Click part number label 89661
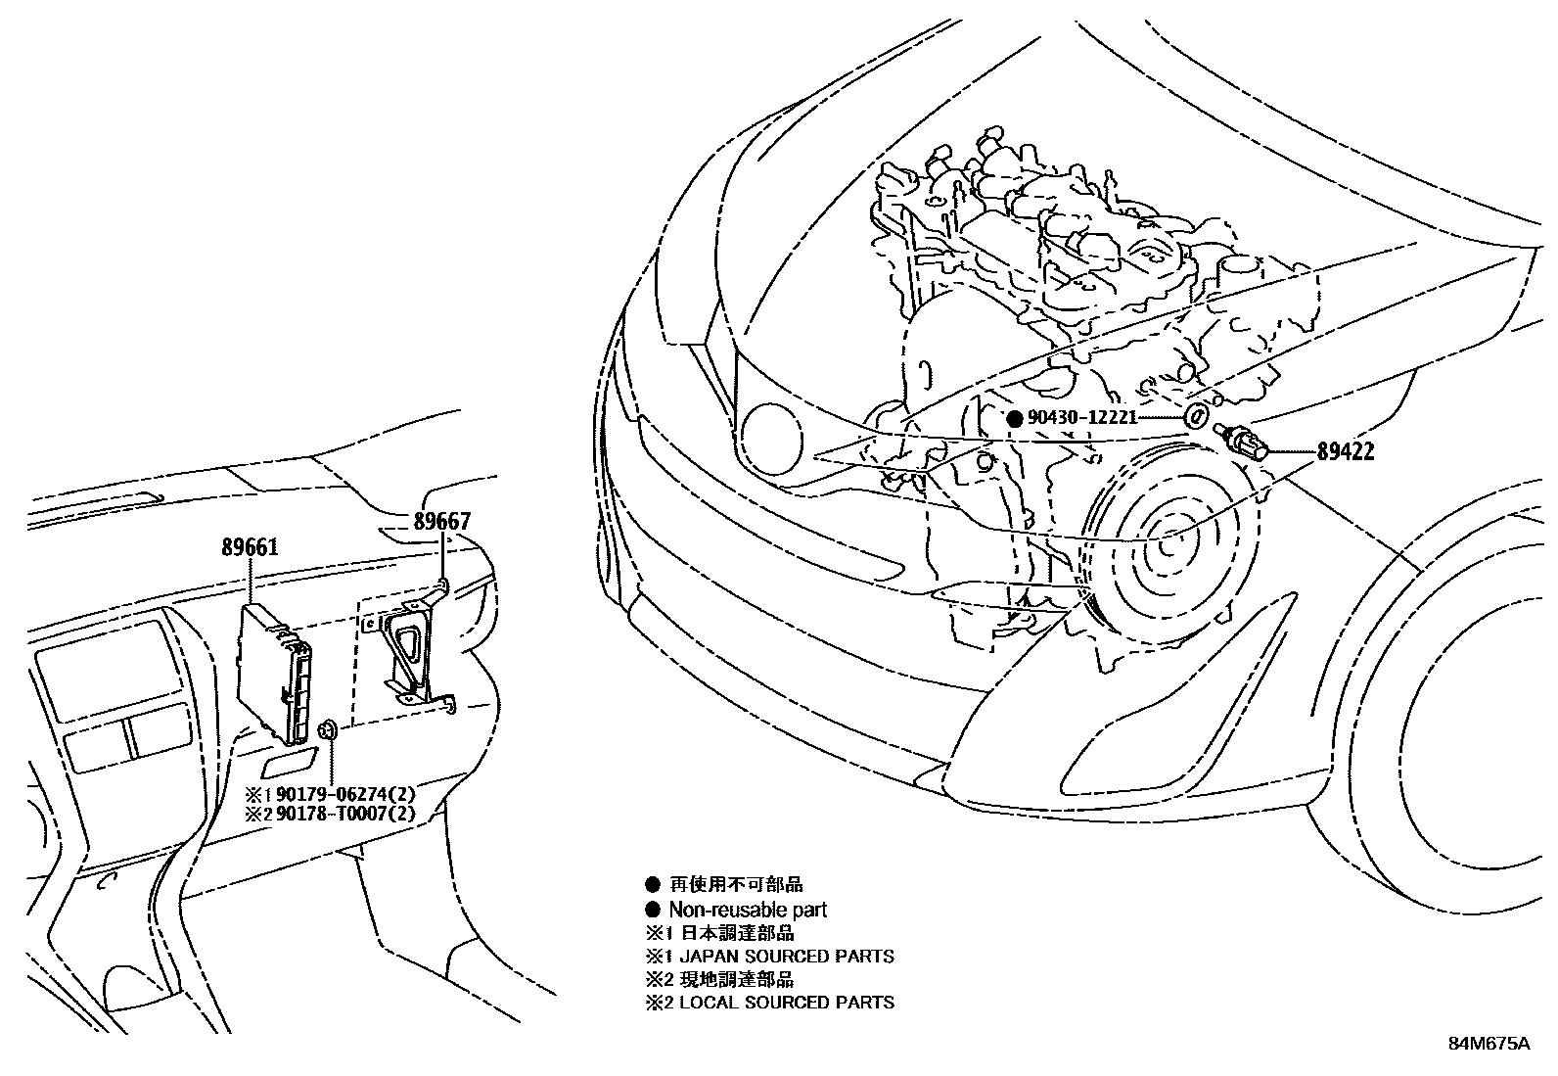(x=250, y=547)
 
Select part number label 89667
(x=441, y=522)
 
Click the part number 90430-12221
(x=1081, y=418)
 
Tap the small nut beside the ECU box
(x=328, y=729)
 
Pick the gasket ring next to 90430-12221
(x=1196, y=415)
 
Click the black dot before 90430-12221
(x=1015, y=418)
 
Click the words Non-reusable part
(x=748, y=910)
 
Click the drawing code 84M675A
(x=1489, y=1044)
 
